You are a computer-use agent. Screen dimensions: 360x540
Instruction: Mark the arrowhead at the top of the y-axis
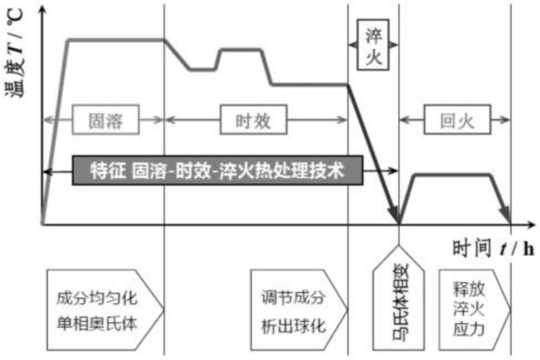(x=42, y=11)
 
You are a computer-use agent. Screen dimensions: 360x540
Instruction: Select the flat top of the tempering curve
(x=452, y=174)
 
